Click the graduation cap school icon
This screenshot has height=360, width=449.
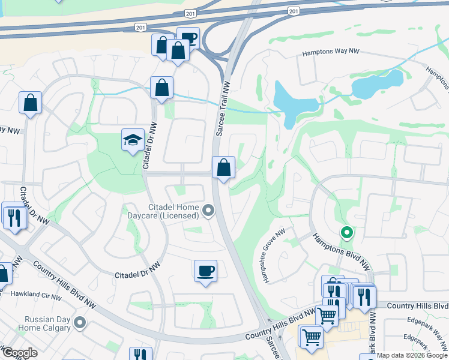point(133,140)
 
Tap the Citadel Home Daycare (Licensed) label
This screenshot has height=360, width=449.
point(162,211)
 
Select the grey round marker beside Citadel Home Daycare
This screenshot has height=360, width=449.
point(208,210)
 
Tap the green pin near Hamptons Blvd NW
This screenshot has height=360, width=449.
point(346,232)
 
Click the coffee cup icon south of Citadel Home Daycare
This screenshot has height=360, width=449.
point(205,271)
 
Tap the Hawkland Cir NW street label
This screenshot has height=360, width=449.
point(35,295)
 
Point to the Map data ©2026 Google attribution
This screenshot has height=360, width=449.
point(412,355)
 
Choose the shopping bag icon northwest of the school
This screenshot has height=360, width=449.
point(30,103)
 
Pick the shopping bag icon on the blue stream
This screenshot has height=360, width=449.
point(162,88)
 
